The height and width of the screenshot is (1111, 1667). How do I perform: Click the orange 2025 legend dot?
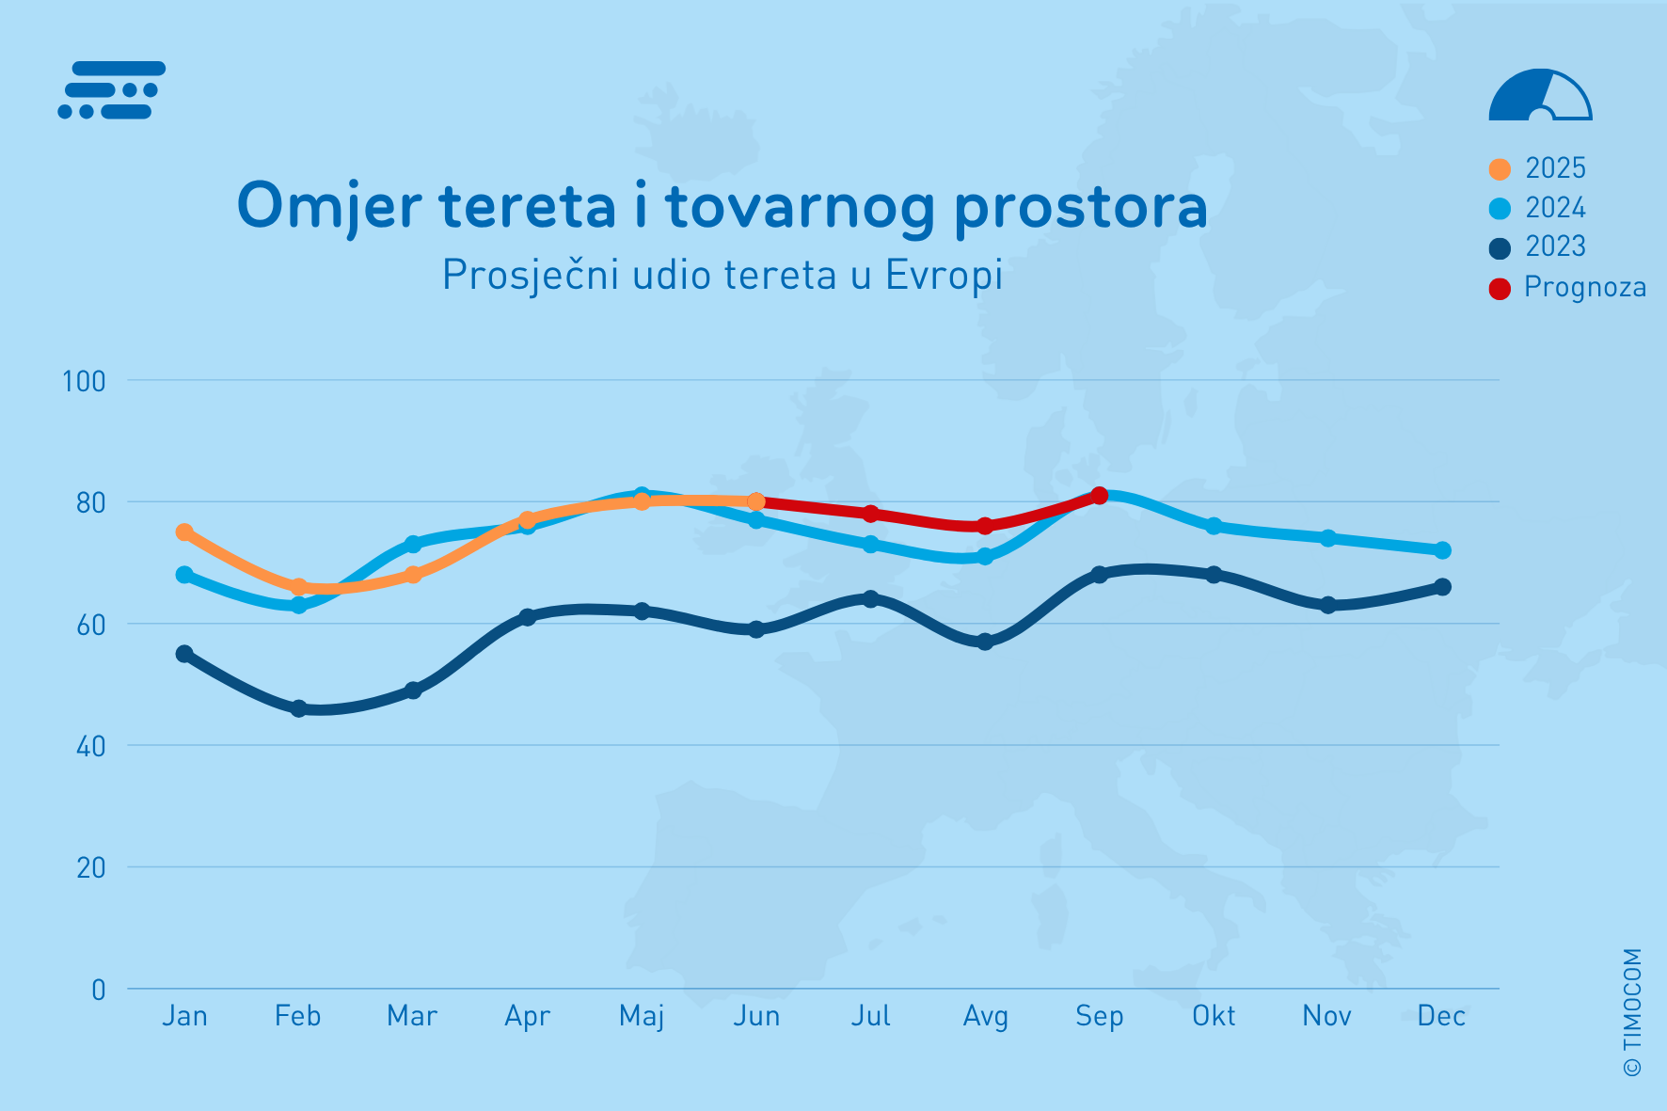[1500, 169]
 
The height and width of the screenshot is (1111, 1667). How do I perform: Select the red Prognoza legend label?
[1585, 287]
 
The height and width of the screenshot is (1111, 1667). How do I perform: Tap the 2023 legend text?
[1555, 246]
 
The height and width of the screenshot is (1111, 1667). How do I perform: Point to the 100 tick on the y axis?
[84, 381]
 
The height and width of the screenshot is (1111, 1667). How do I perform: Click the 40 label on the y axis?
[90, 746]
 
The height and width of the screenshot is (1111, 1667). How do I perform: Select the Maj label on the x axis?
[642, 1017]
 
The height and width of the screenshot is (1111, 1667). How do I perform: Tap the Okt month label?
[1214, 1016]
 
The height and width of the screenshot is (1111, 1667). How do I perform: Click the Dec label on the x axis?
[1441, 1016]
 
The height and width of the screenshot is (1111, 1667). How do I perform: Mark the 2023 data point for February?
[298, 708]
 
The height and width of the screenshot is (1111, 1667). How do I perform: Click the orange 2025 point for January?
[184, 532]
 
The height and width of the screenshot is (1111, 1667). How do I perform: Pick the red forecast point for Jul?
[870, 514]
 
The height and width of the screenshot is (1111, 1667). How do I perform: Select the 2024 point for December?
[1442, 550]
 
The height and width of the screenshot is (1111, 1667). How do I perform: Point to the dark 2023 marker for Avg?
[985, 642]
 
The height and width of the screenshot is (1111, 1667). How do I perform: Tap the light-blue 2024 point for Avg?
[985, 556]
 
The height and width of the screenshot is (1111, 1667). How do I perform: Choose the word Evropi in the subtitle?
[944, 276]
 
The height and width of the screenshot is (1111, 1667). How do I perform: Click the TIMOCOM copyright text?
[1632, 1012]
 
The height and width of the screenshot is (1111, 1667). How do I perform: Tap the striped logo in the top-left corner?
[112, 90]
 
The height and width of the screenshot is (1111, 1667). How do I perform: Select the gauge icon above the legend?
[1540, 95]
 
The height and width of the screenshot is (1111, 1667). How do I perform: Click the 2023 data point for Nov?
[1328, 605]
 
